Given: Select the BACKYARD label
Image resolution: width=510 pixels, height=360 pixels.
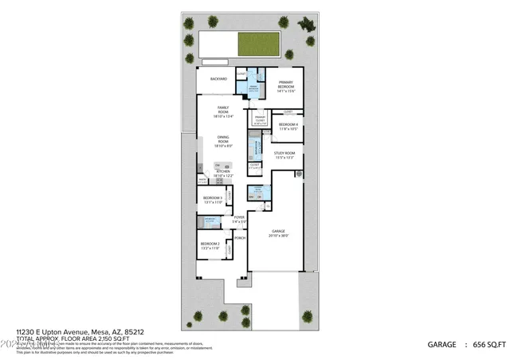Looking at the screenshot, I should coord(219,80).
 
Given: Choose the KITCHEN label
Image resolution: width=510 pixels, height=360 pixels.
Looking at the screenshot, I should coord(224,173).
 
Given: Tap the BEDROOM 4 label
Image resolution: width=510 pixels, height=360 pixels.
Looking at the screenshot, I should coord(288,126).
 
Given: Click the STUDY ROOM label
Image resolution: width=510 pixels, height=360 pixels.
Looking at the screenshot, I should coord(284,155).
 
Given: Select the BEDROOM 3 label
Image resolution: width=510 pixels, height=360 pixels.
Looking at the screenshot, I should coord(212,199).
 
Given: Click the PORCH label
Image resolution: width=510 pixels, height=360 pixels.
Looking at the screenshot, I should coord(239,237).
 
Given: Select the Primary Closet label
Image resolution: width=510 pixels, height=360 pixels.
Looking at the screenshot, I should coord(260,119).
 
